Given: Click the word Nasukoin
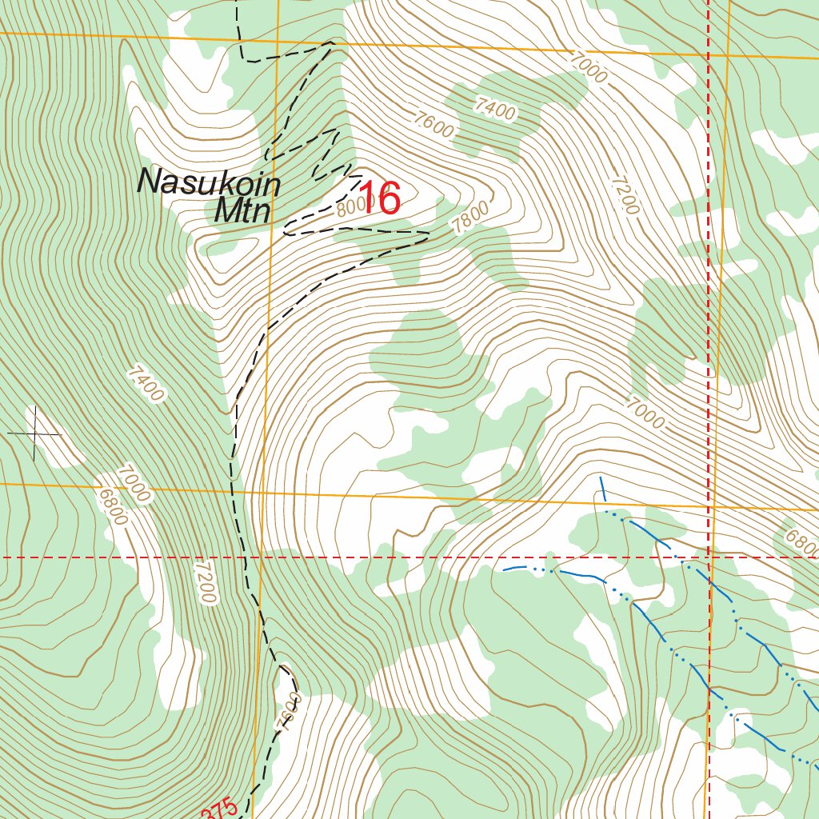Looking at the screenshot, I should [x=209, y=182].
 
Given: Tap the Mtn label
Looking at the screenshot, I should [x=244, y=211].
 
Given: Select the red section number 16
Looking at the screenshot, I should [x=379, y=198].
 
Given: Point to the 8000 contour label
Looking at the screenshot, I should [x=351, y=208].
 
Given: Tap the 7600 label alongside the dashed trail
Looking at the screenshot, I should [x=290, y=713].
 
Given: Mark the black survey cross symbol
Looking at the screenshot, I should [x=34, y=433].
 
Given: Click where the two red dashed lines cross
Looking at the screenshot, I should [x=709, y=557].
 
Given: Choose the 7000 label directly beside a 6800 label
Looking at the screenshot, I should [x=133, y=483].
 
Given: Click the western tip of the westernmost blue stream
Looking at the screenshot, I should [x=504, y=569].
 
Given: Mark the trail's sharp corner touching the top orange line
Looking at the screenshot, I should [x=331, y=42].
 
